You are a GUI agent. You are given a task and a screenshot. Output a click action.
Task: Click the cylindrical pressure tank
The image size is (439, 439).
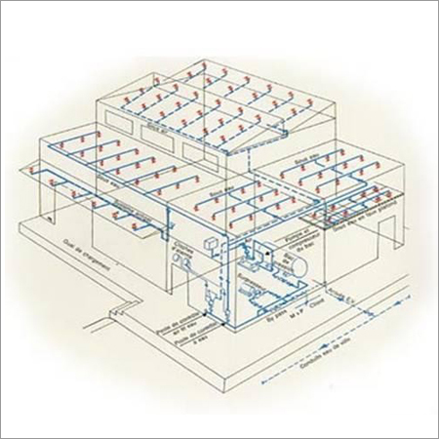point(299,260)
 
